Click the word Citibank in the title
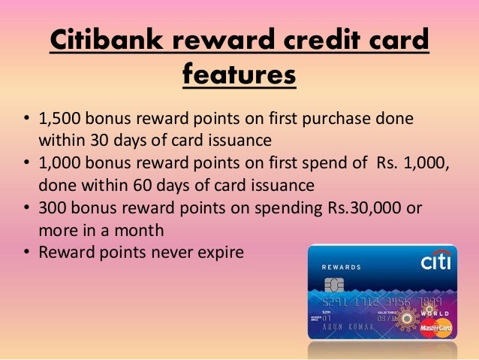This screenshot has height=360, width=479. [110, 42]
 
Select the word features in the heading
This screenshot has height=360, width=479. [239, 75]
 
